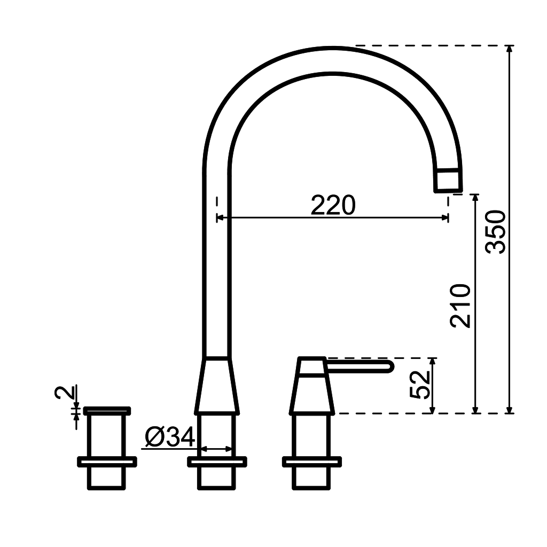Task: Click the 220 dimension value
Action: click(333, 205)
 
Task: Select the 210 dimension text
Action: click(461, 306)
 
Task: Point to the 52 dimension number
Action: click(420, 385)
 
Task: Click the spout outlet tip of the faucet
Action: click(448, 180)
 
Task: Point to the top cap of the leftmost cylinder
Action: click(107, 410)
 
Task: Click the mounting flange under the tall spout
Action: click(216, 462)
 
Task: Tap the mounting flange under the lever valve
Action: click(312, 462)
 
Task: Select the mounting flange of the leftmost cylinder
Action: click(107, 462)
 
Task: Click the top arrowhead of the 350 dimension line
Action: click(510, 49)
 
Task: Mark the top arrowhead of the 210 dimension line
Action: click(475, 198)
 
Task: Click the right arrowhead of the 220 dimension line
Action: click(444, 217)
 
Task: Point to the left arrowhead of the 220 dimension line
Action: click(220, 217)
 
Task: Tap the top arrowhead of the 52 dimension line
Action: click(433, 362)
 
